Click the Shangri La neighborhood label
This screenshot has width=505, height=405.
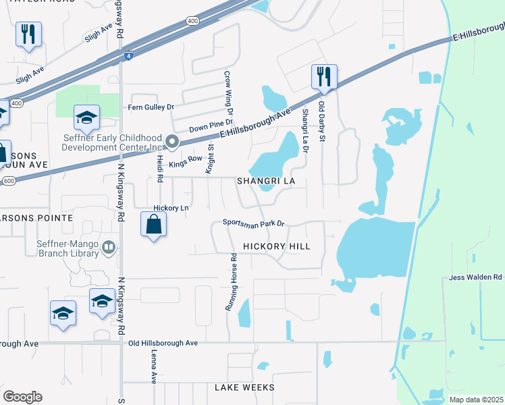[266, 182]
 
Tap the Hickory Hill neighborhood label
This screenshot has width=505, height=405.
[276, 246]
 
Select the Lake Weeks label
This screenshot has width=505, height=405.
[244, 387]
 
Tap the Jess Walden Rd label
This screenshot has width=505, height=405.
[475, 277]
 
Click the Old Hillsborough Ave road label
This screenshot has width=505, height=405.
[163, 343]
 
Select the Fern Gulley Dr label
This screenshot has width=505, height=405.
[151, 107]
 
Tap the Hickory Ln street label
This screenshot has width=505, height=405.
[171, 208]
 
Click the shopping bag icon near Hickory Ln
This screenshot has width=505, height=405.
[154, 224]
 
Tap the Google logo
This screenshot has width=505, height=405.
[22, 397]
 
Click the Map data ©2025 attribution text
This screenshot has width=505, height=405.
[475, 399]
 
